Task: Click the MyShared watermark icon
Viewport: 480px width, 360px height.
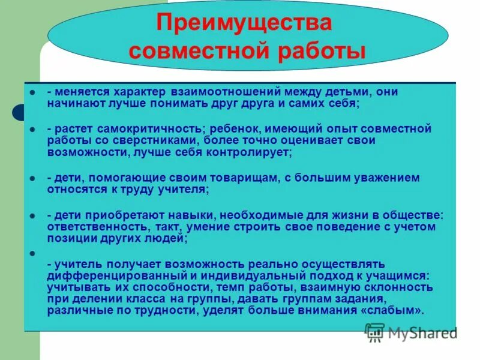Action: coord(375,332)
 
